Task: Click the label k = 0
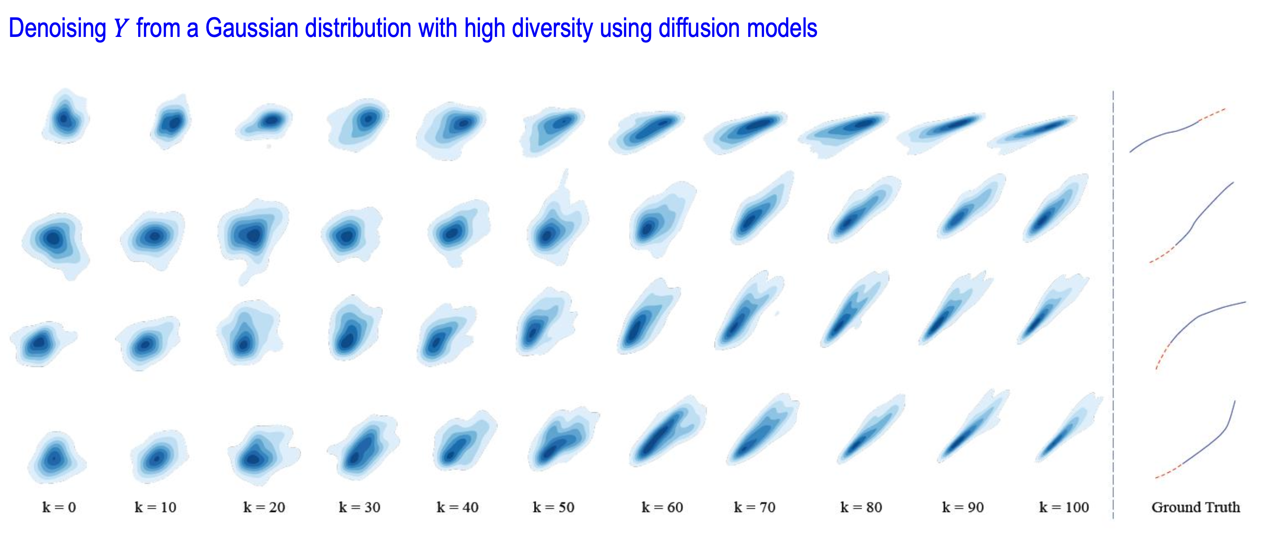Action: [59, 508]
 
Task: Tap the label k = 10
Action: [155, 508]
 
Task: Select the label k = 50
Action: [553, 508]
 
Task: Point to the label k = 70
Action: [755, 508]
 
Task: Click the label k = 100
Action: [1064, 508]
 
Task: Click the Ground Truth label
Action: [1195, 508]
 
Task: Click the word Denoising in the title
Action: [58, 28]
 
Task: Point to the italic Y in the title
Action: [121, 28]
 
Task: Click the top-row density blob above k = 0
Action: [65, 116]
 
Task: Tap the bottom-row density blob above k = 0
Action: [56, 457]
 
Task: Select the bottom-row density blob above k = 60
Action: [667, 431]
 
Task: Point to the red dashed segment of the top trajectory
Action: [1213, 114]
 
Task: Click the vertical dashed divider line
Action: [1113, 304]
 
